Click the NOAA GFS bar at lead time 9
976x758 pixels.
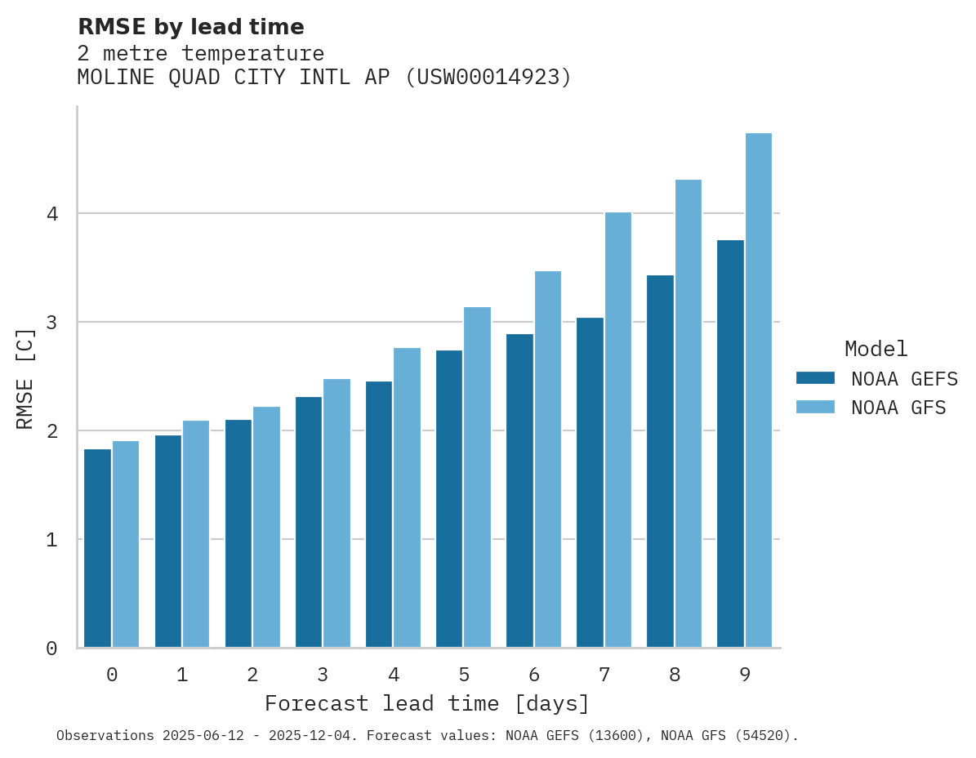click(x=759, y=390)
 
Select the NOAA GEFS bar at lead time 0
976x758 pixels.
click(x=98, y=548)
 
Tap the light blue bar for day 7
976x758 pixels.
click(x=618, y=430)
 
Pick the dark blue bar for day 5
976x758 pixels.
click(x=449, y=498)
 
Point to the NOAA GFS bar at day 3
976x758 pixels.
click(x=337, y=513)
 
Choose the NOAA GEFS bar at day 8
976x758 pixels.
click(x=660, y=461)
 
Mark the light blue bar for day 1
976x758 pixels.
click(x=196, y=533)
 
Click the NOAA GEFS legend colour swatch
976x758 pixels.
click(x=815, y=377)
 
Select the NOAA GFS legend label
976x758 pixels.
click(x=898, y=408)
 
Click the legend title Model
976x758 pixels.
click(x=876, y=349)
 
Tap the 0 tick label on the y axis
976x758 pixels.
click(x=51, y=649)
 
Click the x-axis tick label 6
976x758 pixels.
click(x=534, y=675)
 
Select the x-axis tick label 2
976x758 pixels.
click(x=252, y=675)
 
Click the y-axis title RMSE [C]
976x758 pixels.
click(x=25, y=378)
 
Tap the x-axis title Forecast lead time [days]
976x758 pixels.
click(x=426, y=703)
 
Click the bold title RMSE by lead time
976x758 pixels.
click(x=190, y=27)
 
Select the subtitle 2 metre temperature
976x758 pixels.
click(x=200, y=54)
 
